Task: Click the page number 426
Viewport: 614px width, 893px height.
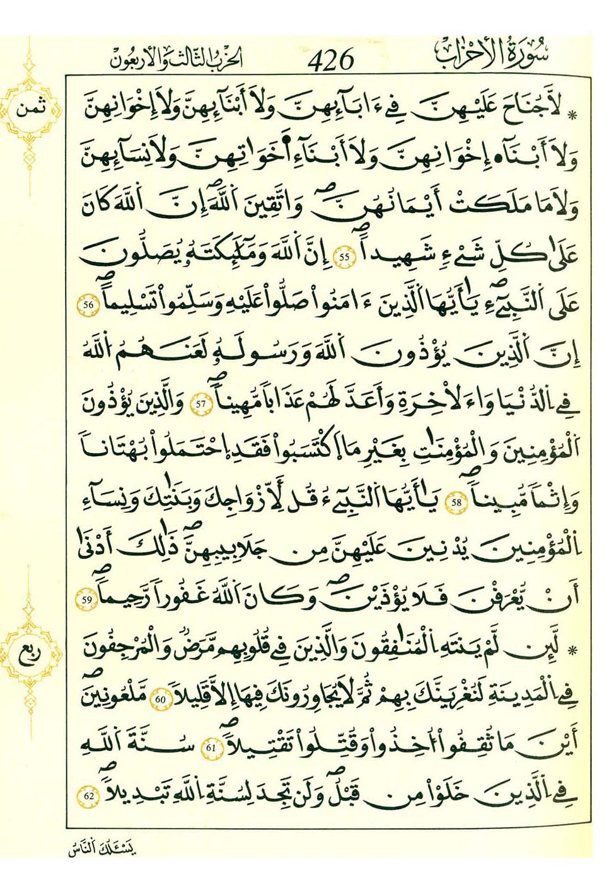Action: tap(332, 60)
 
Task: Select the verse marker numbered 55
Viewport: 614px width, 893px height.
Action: tap(344, 257)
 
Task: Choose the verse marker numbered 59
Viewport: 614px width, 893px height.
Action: tap(87, 600)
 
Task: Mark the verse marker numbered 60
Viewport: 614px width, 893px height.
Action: tap(160, 699)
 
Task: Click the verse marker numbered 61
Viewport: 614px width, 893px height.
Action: tap(211, 748)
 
